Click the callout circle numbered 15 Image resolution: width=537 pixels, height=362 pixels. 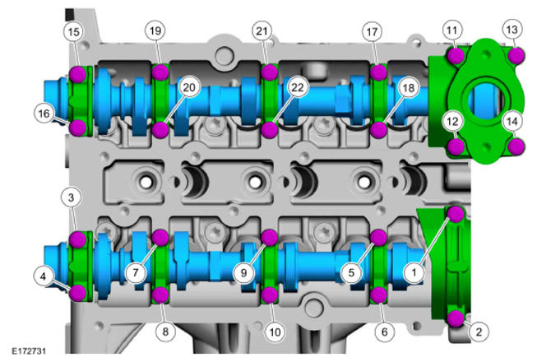(74, 32)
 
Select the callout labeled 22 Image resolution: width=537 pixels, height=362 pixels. (297, 88)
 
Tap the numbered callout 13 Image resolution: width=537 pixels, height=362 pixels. (512, 30)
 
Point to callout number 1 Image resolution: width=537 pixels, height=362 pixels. (414, 272)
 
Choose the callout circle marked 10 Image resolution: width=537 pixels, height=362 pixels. (275, 332)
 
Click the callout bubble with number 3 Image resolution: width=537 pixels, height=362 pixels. (71, 197)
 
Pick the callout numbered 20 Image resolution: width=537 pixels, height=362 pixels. (188, 88)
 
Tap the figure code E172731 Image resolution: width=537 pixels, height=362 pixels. (29, 351)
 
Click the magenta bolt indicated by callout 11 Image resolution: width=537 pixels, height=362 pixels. (456, 56)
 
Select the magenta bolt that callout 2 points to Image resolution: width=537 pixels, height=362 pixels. (456, 318)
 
